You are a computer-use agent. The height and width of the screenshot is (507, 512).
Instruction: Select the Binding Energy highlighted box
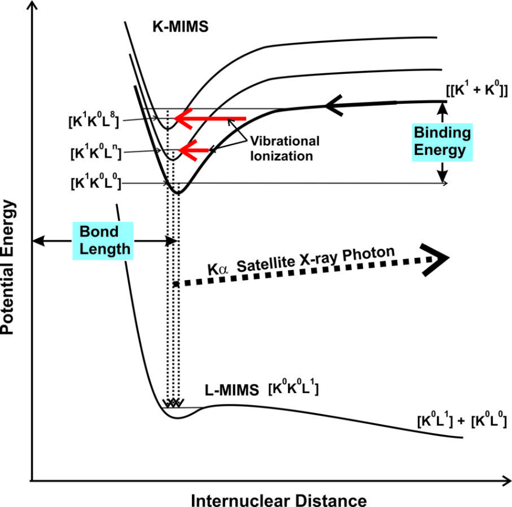coord(442,141)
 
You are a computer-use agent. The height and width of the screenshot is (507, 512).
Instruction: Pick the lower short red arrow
coord(196,151)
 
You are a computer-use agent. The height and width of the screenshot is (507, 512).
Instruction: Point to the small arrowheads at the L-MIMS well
coord(173,403)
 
